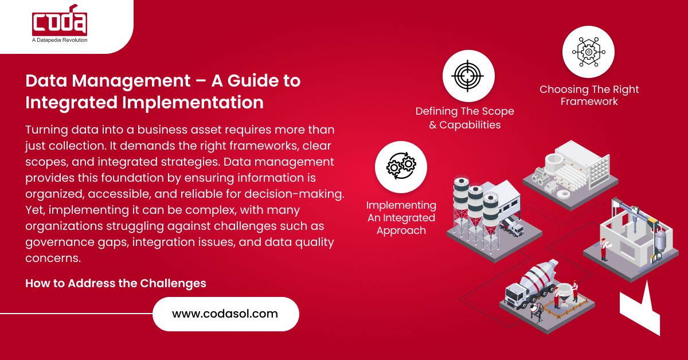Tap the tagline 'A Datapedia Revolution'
point(60,40)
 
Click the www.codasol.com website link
point(225,314)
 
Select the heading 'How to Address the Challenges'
point(116,283)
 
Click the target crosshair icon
point(468,76)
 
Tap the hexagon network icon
point(588,52)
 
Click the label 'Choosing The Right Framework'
point(589,95)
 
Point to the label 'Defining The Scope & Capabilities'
point(464,118)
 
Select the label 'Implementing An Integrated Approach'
point(401,218)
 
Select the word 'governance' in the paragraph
point(60,242)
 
